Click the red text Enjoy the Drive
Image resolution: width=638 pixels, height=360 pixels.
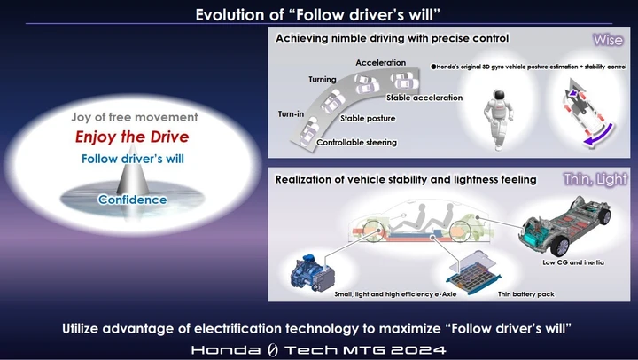coord(132,137)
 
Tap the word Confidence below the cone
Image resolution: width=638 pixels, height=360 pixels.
coord(133,200)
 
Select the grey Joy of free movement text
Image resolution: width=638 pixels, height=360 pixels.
coord(135,117)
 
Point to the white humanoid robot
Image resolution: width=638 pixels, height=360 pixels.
coord(497,118)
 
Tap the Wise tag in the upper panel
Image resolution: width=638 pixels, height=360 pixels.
coord(608,40)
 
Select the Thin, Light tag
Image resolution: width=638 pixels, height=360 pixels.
coord(595,179)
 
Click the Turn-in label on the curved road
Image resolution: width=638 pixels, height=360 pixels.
coord(291,114)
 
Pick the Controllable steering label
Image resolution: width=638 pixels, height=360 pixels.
coord(357,143)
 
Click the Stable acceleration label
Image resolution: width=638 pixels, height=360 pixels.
coord(424,98)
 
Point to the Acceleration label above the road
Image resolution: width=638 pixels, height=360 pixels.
coord(381,63)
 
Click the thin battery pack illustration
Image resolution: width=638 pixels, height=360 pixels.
coord(474,273)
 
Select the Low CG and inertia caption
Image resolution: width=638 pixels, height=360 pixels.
coord(573,262)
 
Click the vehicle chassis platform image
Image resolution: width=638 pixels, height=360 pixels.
coord(565,225)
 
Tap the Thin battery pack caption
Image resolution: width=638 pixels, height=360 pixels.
coord(526,294)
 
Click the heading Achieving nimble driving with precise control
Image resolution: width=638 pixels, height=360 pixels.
coord(393,38)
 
